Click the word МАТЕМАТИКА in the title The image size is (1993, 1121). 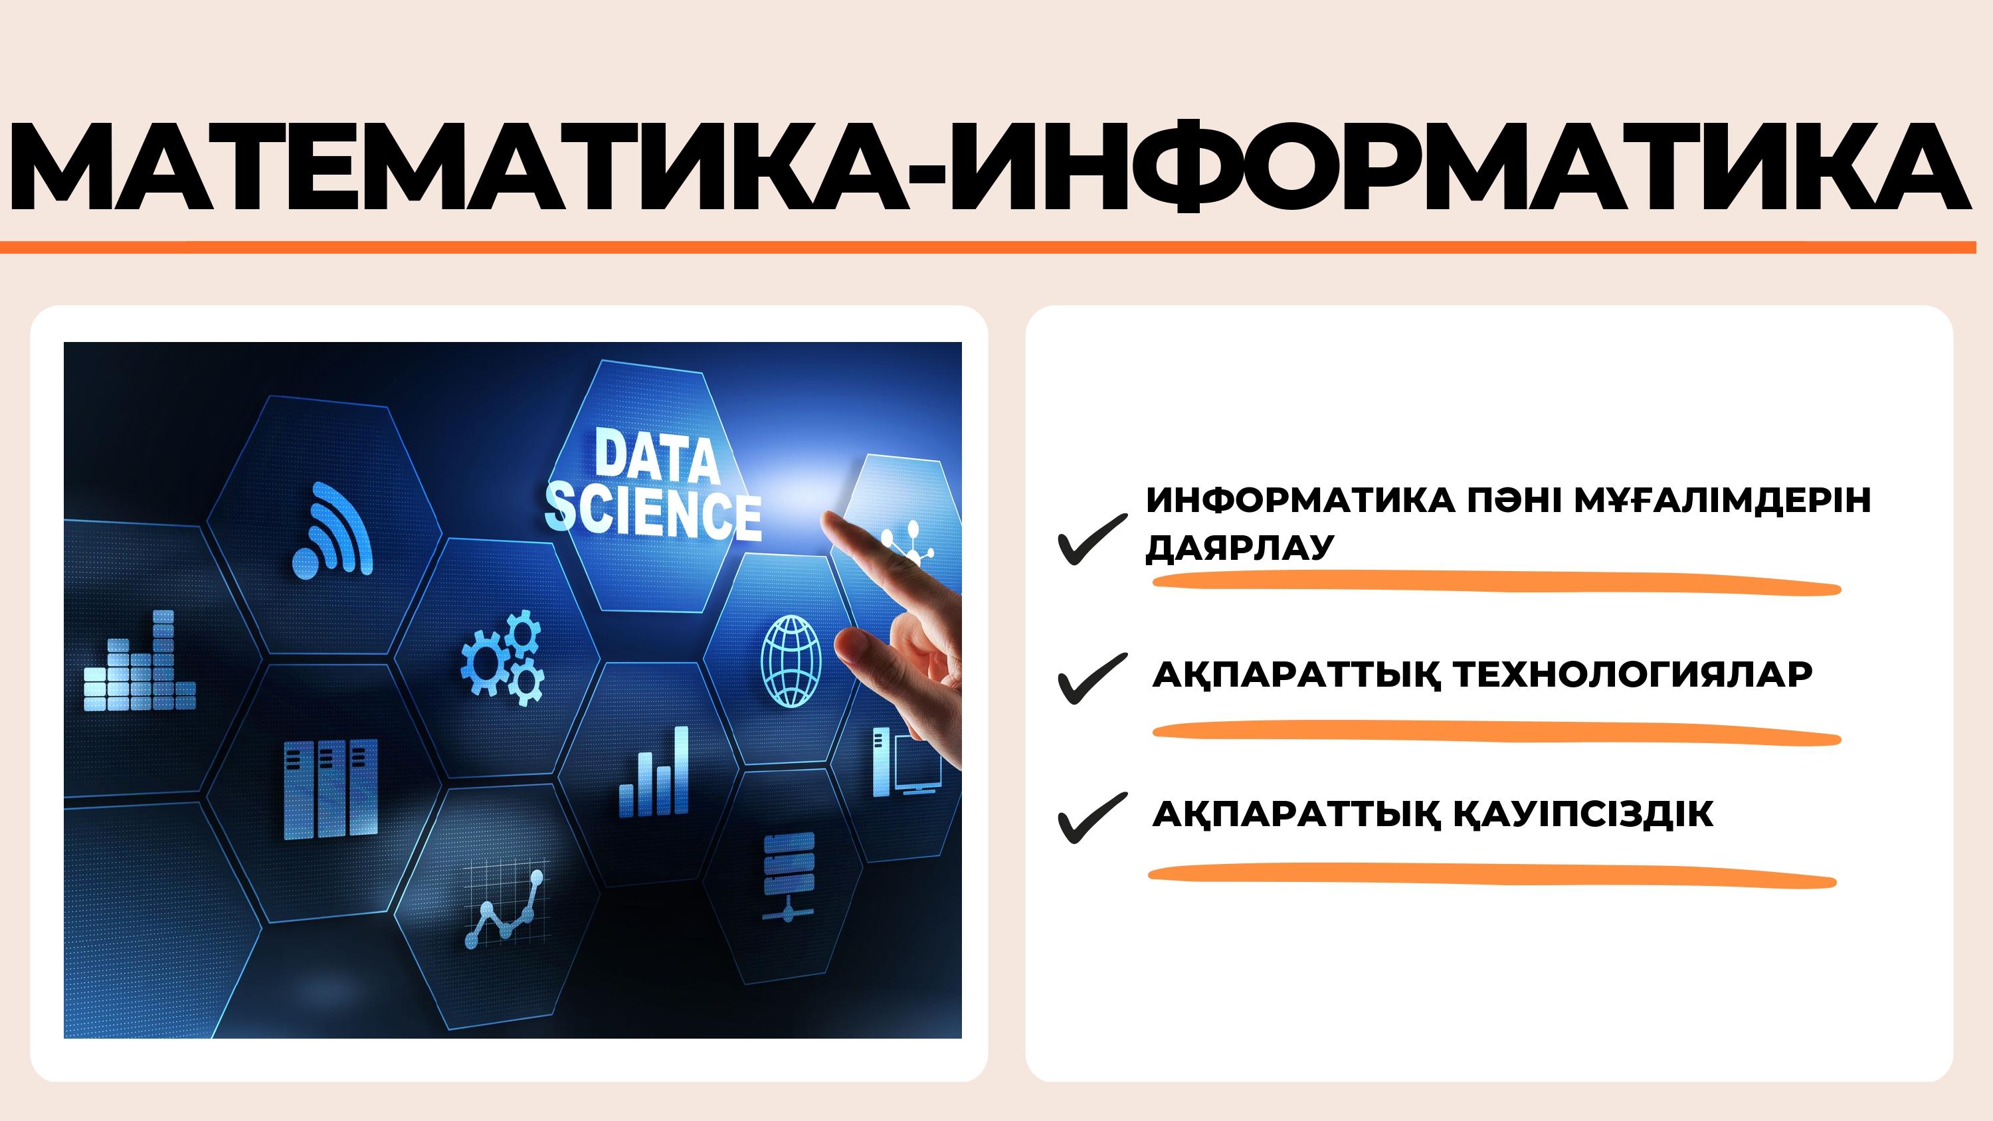[x=457, y=165]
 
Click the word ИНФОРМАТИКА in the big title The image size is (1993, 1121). [x=1459, y=165]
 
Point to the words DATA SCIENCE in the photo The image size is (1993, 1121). [x=654, y=484]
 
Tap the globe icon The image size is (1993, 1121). [x=791, y=661]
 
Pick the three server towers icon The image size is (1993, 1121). [x=330, y=789]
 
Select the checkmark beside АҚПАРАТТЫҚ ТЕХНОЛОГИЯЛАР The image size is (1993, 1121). [x=1091, y=679]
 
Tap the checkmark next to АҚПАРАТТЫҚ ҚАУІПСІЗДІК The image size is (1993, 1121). [x=1091, y=818]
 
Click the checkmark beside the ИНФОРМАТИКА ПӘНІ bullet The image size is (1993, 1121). [x=1091, y=539]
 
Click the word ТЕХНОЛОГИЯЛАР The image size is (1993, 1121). [x=1632, y=674]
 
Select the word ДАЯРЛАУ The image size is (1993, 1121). [x=1240, y=547]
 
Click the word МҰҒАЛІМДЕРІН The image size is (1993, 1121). [x=1722, y=500]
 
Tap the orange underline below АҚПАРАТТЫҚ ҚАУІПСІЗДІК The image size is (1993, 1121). [x=1491, y=875]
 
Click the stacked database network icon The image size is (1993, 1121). [x=789, y=877]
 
